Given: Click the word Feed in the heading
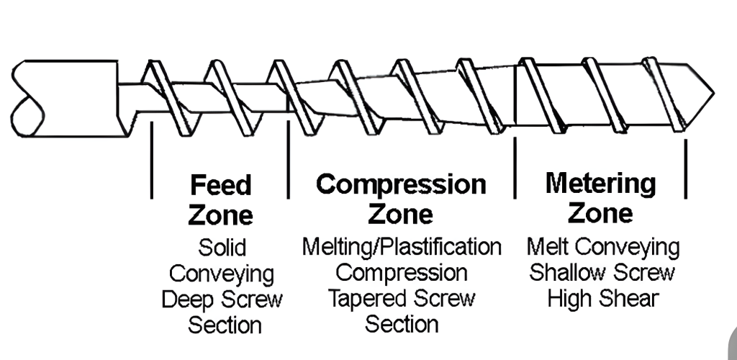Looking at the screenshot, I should coord(220,185).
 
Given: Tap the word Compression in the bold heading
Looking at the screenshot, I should coord(401,184).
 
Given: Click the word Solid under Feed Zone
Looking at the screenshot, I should coord(222,248).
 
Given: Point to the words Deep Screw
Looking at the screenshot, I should coord(222,299).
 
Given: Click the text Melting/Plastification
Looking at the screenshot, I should coord(401,247).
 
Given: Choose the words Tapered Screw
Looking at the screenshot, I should coord(401,298).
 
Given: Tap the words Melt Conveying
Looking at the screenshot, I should coord(602,247).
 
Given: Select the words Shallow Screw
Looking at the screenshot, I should coord(602,273).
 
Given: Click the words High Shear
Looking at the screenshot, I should coord(602,298).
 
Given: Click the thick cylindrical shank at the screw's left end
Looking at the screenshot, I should coord(65,97).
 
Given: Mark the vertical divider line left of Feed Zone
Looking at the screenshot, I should coord(152,160).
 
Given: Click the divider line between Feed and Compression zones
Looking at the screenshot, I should coord(288,160).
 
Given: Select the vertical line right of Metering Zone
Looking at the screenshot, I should coord(685,167).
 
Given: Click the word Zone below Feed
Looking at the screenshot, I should coord(220,215).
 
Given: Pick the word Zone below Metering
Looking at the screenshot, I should coord(600,212).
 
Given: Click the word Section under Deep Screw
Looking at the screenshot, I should coord(225,325).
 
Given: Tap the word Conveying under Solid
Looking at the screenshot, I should coord(222,274).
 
